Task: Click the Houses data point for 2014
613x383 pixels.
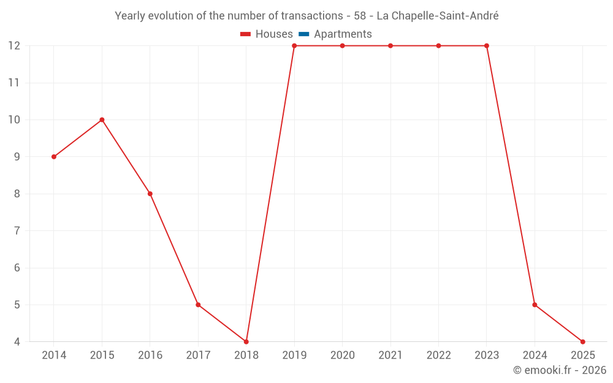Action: coord(54,157)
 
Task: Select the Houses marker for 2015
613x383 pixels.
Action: coord(102,119)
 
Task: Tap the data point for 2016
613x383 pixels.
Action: coord(150,194)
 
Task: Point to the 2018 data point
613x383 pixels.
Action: coord(246,341)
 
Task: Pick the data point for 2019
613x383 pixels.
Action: coord(294,46)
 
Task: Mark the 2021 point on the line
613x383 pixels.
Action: coord(390,46)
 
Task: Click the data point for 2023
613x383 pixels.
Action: coord(487,46)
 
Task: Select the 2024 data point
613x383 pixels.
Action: coord(535,305)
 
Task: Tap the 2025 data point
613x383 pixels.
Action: coord(582,341)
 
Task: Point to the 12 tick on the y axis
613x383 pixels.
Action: coord(14,46)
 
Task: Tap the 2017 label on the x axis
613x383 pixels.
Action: coord(198,355)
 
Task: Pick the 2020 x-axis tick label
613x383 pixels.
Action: coord(342,355)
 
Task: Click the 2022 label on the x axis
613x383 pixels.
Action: coord(438,355)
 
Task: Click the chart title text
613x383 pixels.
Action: coord(306,16)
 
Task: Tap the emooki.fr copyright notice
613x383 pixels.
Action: coord(559,370)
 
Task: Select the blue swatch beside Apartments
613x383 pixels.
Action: coord(304,34)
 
